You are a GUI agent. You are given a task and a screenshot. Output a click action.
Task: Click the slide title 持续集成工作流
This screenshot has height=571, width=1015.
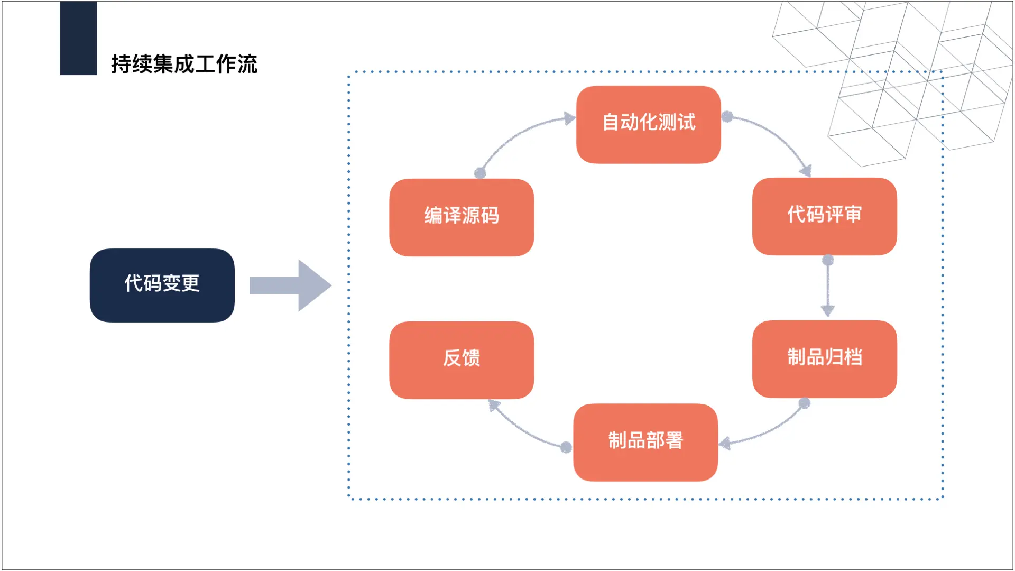pyautogui.click(x=184, y=65)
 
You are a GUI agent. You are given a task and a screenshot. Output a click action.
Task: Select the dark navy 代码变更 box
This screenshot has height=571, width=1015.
pyautogui.click(x=162, y=285)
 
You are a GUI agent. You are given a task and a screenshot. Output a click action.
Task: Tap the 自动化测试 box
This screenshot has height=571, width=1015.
pyautogui.click(x=648, y=124)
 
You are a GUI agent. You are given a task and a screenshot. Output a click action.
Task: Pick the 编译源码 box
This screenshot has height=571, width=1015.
pyautogui.click(x=461, y=217)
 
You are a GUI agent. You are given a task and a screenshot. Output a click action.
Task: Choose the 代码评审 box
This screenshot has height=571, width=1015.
pyautogui.click(x=824, y=216)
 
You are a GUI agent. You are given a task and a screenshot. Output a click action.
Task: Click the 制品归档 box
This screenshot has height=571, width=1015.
pyautogui.click(x=824, y=358)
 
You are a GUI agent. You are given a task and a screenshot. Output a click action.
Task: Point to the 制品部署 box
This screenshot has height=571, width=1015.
pyautogui.click(x=645, y=442)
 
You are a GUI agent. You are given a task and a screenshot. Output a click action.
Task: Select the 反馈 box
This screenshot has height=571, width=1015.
pyautogui.click(x=461, y=360)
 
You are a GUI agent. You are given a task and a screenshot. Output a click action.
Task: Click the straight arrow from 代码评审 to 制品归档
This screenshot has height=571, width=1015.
pyautogui.click(x=828, y=288)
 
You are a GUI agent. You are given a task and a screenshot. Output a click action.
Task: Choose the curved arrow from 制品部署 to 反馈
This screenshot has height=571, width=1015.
pyautogui.click(x=523, y=431)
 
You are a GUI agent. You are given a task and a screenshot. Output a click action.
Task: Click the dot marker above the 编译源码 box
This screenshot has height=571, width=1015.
pyautogui.click(x=480, y=173)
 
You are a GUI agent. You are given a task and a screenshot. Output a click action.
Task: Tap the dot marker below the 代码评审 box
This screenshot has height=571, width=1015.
pyautogui.click(x=828, y=260)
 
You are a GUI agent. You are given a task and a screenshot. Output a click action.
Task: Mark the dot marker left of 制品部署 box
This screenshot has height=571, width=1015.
pyautogui.click(x=566, y=447)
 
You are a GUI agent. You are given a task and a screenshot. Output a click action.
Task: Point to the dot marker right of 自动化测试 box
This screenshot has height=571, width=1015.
pyautogui.click(x=727, y=116)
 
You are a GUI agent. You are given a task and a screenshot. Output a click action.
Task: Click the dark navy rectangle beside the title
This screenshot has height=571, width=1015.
pyautogui.click(x=78, y=38)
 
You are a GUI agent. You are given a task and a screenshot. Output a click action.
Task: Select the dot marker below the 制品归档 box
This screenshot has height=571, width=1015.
pyautogui.click(x=805, y=403)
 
